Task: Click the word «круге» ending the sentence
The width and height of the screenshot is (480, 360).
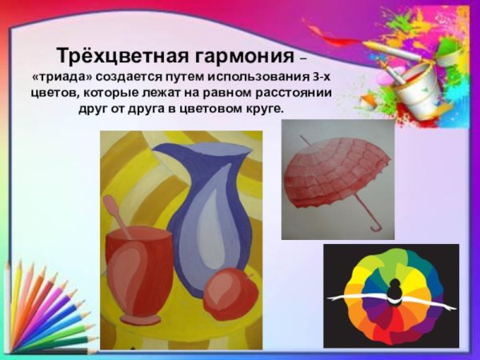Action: tap(265, 108)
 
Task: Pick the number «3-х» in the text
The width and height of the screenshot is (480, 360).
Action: tap(320, 78)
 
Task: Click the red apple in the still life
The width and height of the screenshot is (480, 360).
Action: tap(230, 294)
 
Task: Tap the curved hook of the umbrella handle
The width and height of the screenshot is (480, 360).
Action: tap(372, 228)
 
